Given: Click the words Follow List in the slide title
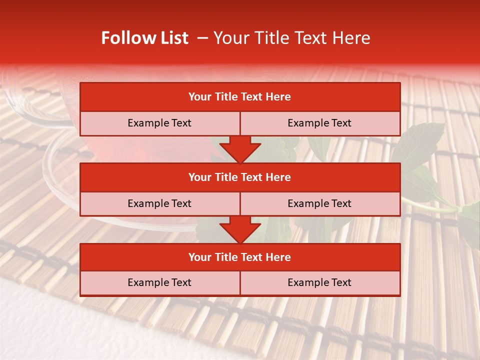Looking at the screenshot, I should pyautogui.click(x=144, y=38).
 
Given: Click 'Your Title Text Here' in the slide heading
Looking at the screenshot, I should pyautogui.click(x=291, y=38).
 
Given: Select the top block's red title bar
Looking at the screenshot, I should pyautogui.click(x=240, y=97).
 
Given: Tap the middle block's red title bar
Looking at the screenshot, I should pyautogui.click(x=240, y=177).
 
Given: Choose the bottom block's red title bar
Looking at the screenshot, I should pyautogui.click(x=240, y=257).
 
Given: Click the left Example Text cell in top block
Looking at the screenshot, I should pyautogui.click(x=159, y=123).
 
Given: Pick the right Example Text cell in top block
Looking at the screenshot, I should pyautogui.click(x=319, y=123).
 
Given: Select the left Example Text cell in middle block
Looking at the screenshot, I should pyautogui.click(x=159, y=203).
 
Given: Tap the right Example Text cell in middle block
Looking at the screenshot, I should pyautogui.click(x=319, y=203).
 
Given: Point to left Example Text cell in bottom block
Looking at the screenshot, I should pyautogui.click(x=159, y=282).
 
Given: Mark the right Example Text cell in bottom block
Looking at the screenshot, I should pyautogui.click(x=319, y=282).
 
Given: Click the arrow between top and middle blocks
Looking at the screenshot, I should pyautogui.click(x=240, y=149).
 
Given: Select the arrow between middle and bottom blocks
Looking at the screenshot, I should pyautogui.click(x=240, y=229).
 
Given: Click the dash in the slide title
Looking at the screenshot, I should pyautogui.click(x=202, y=38).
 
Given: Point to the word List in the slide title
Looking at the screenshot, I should pyautogui.click(x=174, y=38).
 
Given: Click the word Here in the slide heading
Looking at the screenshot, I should pyautogui.click(x=352, y=38).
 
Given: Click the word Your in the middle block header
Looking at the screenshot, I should pyautogui.click(x=199, y=177).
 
